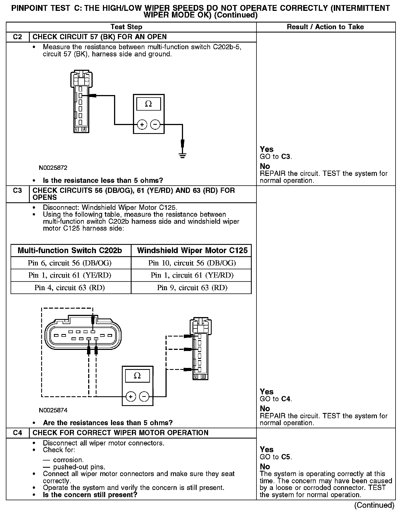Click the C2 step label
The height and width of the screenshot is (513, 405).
(17, 37)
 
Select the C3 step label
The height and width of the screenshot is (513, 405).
(17, 191)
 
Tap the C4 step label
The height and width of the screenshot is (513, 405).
(17, 433)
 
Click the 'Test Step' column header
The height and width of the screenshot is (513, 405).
(126, 27)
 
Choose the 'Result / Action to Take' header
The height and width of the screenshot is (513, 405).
(325, 27)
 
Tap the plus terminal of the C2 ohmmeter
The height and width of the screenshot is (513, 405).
(142, 125)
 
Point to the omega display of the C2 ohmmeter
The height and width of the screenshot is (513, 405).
(149, 104)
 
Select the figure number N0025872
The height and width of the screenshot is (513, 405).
(53, 168)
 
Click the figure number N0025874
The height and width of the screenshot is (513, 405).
(53, 410)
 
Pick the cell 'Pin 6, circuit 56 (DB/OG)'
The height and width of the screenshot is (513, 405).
(70, 263)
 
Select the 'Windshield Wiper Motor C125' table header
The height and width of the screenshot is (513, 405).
(192, 251)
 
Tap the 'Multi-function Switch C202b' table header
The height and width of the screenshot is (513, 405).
(70, 251)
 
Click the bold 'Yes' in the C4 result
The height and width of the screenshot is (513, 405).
(266, 450)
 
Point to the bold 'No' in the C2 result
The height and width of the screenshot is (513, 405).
(265, 166)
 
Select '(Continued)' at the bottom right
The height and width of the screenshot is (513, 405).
(374, 505)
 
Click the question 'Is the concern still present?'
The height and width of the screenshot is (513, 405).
(90, 495)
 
